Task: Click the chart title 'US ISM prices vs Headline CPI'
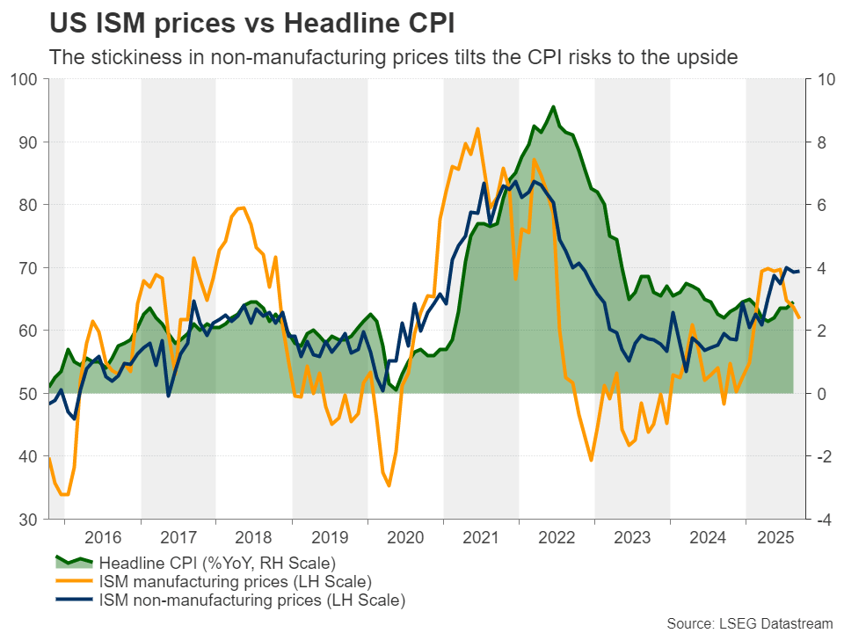[252, 23]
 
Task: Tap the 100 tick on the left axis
[26, 80]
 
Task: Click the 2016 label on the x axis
[103, 538]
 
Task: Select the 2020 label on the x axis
[405, 538]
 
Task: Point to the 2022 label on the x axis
[557, 538]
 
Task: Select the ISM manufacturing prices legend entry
[235, 582]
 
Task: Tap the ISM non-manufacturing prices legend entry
[252, 601]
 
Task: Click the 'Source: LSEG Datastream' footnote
[749, 623]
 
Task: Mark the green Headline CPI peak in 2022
[552, 107]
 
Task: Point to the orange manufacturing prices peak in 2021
[477, 129]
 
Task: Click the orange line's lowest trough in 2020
[389, 485]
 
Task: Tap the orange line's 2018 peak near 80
[242, 207]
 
